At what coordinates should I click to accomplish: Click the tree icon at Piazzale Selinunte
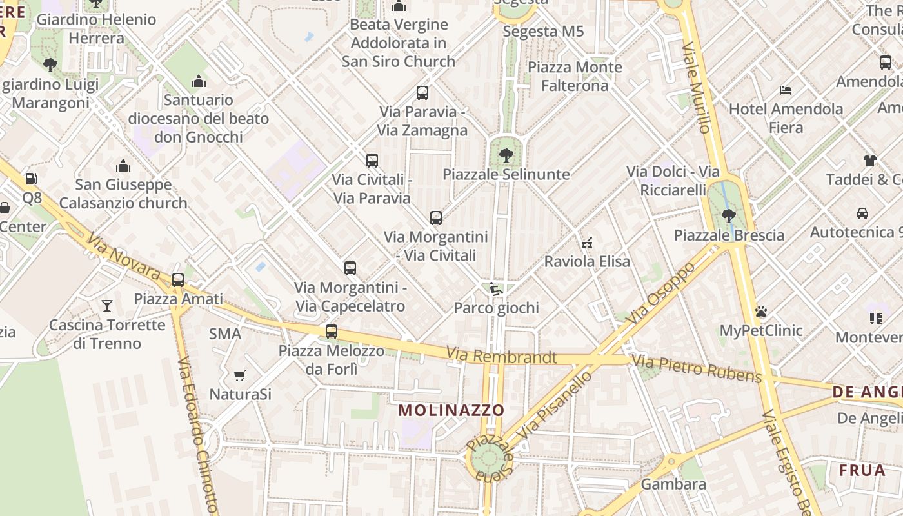506,155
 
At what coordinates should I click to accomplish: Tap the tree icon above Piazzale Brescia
729,215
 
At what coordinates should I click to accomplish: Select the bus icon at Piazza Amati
178,280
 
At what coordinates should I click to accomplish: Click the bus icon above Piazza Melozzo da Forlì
332,332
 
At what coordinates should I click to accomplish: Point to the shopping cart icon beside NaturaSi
239,375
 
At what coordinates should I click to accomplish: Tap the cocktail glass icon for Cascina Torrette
107,305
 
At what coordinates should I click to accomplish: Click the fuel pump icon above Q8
31,179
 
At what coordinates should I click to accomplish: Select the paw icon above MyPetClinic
761,312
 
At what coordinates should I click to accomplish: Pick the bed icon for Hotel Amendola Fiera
786,90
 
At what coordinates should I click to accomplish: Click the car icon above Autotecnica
862,213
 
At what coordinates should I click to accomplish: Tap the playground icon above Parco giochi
495,289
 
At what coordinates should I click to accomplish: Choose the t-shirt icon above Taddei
870,160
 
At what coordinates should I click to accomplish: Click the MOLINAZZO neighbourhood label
451,410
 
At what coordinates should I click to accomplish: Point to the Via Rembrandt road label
501,355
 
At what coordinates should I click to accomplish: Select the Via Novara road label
123,257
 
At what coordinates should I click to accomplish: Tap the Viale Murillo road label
696,87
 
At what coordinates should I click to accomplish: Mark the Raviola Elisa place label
587,262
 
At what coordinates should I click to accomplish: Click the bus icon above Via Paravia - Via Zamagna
422,93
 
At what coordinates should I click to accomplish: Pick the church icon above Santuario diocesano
199,81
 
